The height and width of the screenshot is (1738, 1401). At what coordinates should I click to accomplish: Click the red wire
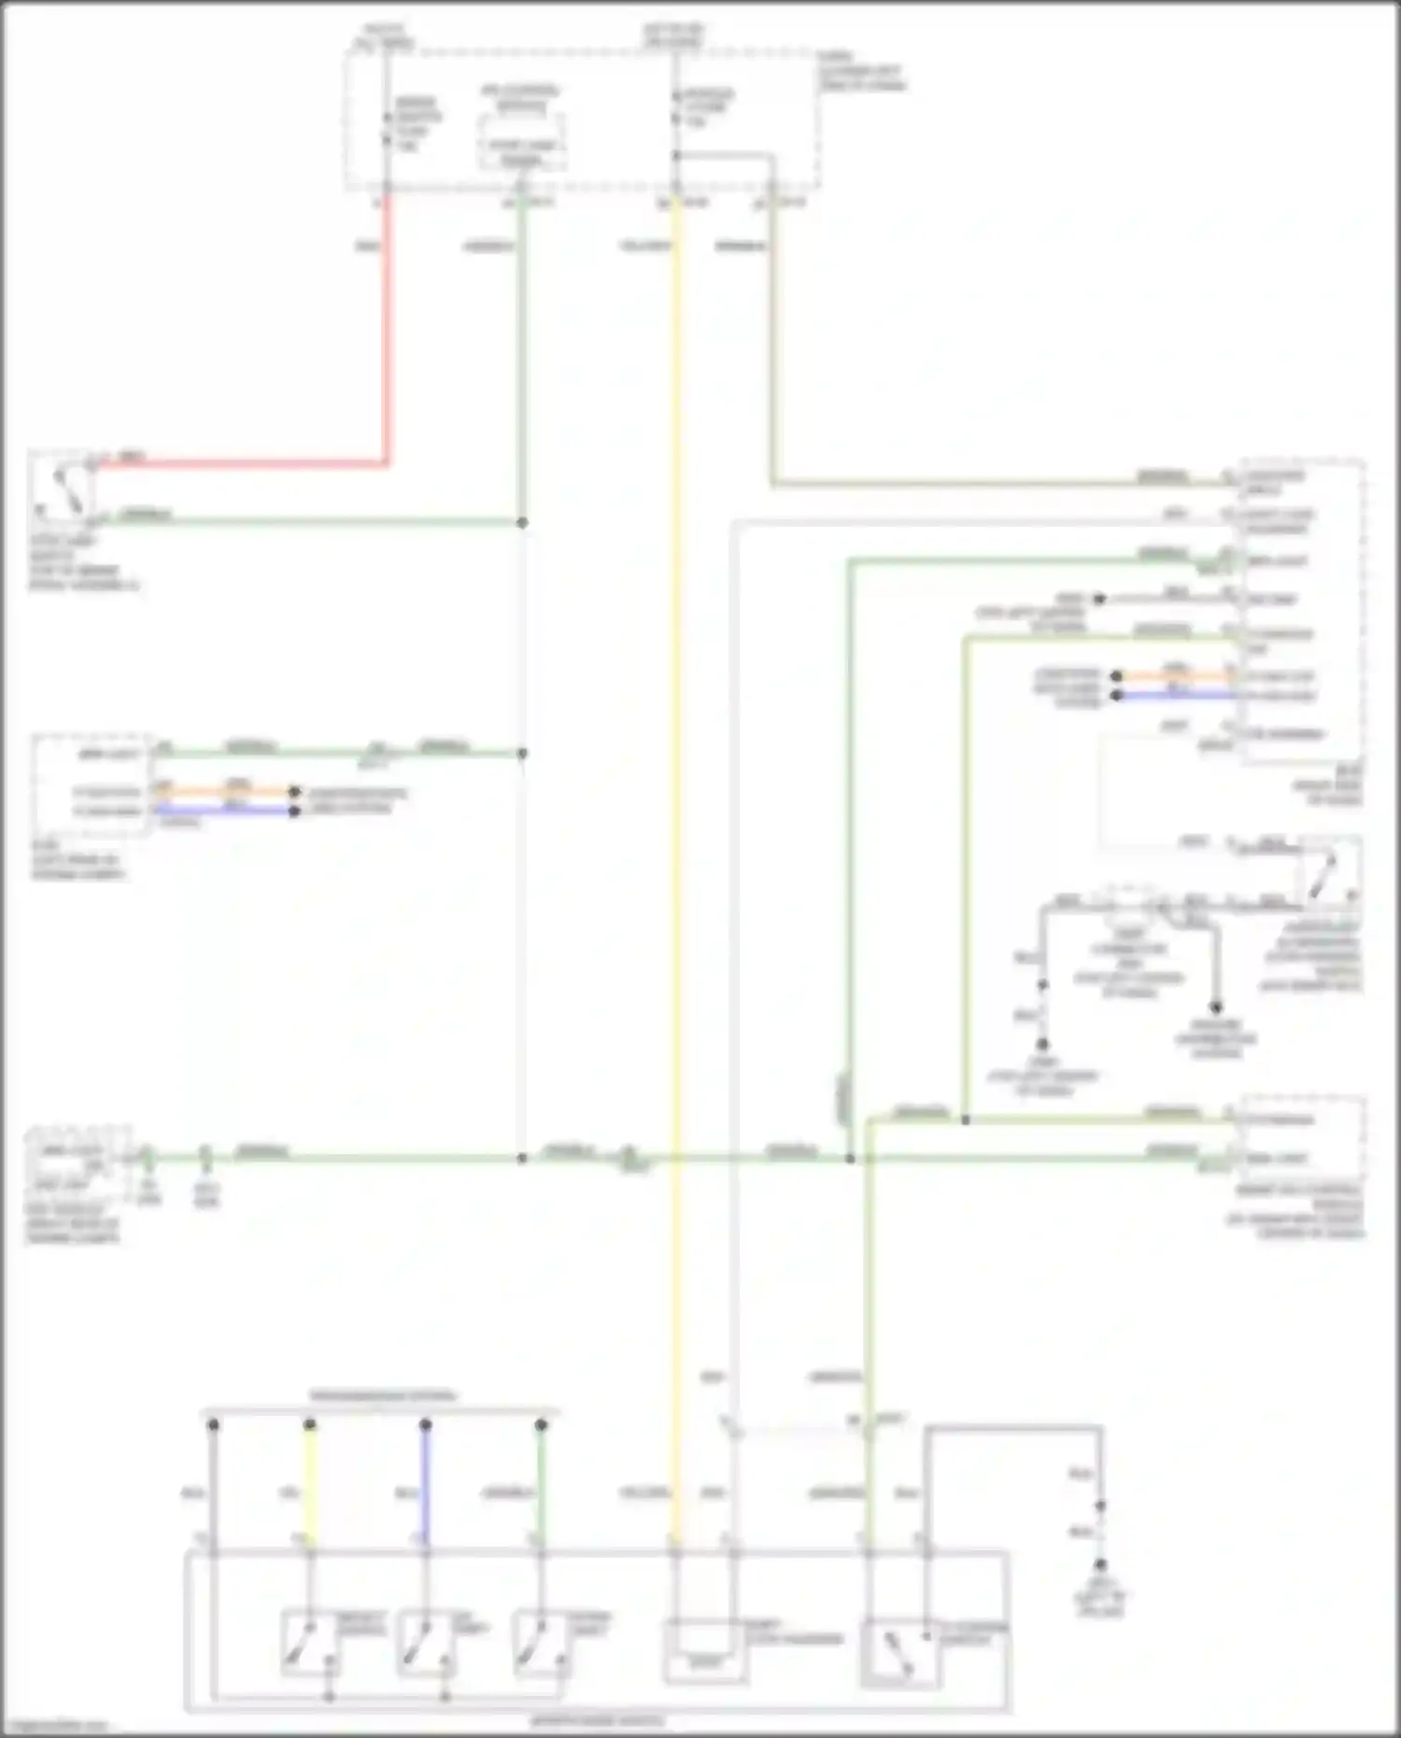(387, 327)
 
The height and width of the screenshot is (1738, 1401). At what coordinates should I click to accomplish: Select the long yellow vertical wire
(675, 841)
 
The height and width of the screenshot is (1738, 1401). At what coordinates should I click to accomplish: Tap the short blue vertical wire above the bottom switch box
(425, 1485)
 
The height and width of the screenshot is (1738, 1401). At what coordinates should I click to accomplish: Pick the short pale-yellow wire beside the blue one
(310, 1485)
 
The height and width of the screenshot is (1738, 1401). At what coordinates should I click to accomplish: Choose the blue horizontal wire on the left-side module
(224, 811)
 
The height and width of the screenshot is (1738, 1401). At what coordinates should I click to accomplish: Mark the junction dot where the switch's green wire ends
(522, 522)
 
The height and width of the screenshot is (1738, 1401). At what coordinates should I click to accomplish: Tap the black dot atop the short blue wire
(425, 1425)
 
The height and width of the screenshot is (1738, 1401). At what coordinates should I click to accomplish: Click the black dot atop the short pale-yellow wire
(310, 1425)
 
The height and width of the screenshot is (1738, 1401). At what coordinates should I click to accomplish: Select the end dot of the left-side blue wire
(294, 811)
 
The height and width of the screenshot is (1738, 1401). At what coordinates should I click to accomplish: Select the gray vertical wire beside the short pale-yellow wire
(213, 1485)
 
